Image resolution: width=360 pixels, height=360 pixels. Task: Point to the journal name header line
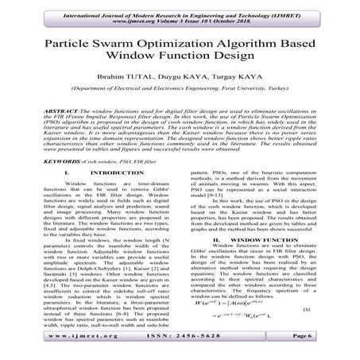tap(180, 8)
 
